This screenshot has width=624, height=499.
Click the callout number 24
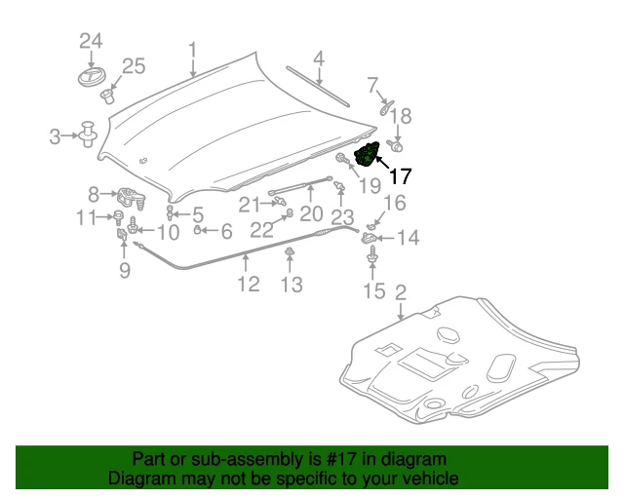(90, 41)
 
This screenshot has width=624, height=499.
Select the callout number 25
(133, 66)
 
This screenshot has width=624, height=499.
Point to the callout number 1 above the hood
(192, 49)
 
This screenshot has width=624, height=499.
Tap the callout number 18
(402, 115)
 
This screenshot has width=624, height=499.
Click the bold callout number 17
(401, 177)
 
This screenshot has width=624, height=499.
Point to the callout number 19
(370, 183)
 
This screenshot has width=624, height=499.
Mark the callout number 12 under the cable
(249, 284)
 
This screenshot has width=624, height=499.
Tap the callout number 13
(292, 285)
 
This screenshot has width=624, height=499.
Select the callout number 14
(408, 237)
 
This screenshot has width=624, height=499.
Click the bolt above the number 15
(373, 255)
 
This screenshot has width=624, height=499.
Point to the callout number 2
(400, 291)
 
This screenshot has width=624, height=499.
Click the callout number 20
(311, 213)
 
